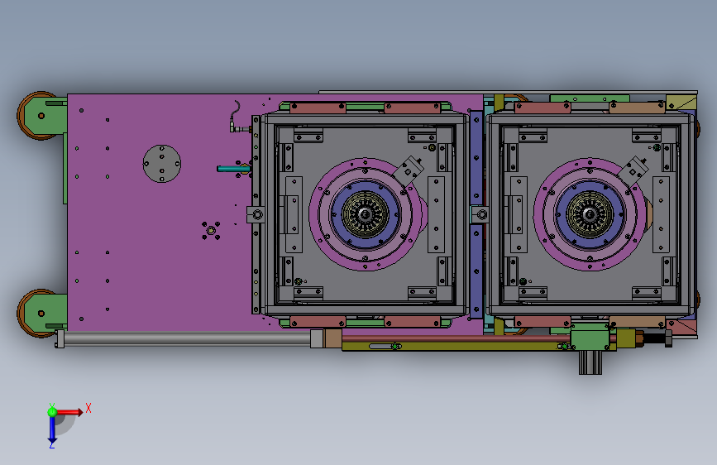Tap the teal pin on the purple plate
(232, 169)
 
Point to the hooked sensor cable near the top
(235, 116)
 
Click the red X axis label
(88, 408)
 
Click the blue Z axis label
(51, 444)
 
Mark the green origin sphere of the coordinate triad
(52, 410)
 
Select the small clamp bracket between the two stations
(480, 215)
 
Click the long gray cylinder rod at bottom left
(182, 338)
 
